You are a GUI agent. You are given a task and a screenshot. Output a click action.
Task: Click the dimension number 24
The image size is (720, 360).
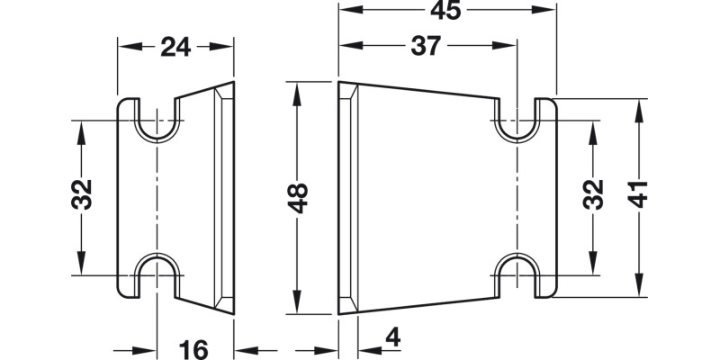tap(175, 47)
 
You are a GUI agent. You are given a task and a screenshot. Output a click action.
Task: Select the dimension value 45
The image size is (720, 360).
tap(445, 12)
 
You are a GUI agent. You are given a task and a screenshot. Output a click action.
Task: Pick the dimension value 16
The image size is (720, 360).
tap(193, 348)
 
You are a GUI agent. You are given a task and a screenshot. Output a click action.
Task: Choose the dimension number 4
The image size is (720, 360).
tap(392, 338)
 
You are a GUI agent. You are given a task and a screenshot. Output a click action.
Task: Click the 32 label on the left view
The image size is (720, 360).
tap(81, 194)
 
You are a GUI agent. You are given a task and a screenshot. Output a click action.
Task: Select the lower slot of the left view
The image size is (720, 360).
tap(158, 273)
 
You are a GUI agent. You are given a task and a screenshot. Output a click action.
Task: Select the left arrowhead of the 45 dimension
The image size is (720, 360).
tap(347, 12)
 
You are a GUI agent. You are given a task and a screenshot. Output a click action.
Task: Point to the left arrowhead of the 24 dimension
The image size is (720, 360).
tap(127, 47)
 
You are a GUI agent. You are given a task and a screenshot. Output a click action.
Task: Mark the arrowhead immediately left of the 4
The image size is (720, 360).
tap(365, 348)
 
